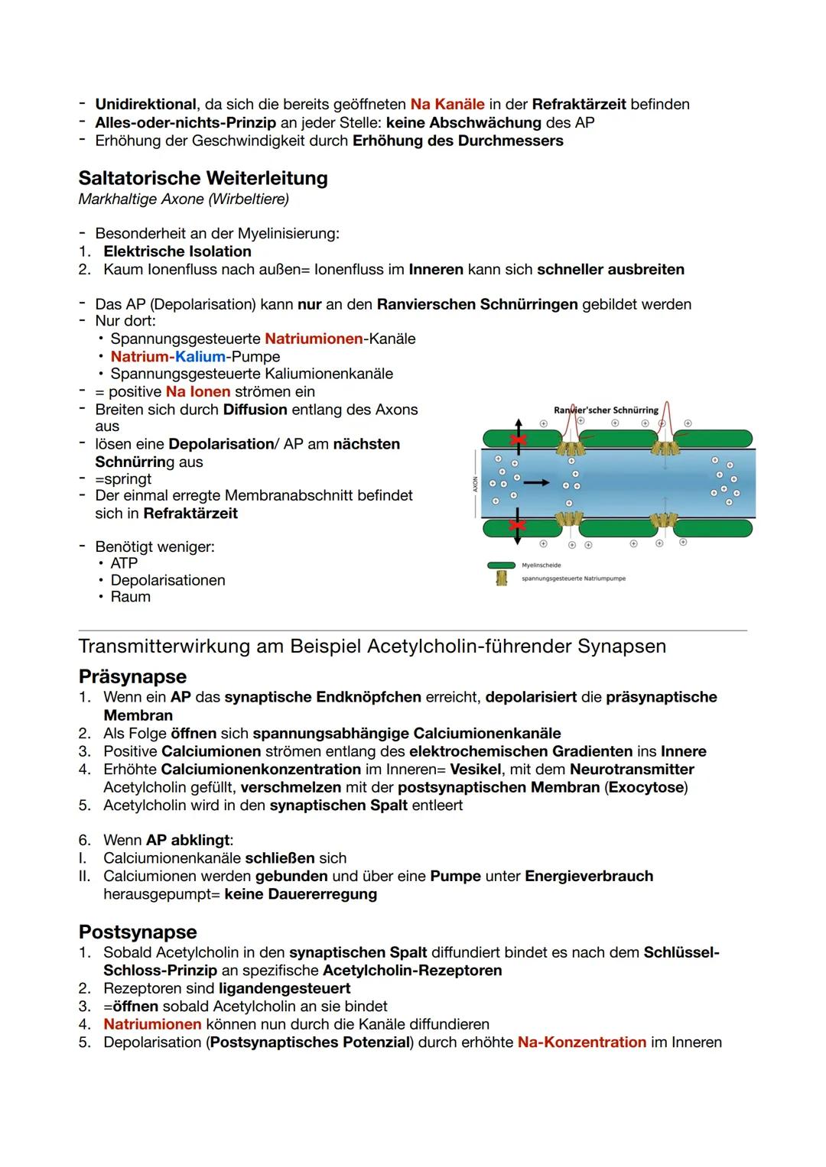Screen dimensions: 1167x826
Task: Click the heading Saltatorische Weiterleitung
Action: point(203,178)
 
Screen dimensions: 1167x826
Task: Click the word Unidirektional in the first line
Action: point(145,104)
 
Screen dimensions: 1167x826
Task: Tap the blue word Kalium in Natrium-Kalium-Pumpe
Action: point(200,357)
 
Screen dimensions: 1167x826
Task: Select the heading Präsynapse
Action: point(132,676)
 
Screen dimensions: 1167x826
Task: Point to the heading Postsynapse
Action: point(138,932)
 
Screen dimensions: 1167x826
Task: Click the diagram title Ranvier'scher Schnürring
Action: point(606,410)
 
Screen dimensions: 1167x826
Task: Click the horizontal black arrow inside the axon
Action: point(536,482)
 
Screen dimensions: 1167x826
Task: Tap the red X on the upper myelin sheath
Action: point(519,441)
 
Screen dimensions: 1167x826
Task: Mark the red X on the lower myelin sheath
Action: point(519,526)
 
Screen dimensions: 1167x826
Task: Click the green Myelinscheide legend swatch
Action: point(501,566)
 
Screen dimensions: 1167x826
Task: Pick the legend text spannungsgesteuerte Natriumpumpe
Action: point(573,579)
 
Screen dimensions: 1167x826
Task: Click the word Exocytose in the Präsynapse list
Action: point(647,787)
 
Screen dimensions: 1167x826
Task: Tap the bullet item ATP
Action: point(124,563)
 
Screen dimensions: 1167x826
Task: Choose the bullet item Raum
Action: point(130,597)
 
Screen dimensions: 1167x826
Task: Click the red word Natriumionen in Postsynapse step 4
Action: point(152,1024)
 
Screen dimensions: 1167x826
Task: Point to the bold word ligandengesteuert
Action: point(285,988)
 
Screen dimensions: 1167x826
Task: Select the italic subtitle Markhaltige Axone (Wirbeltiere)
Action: point(184,199)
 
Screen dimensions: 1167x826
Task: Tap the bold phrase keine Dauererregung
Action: point(301,894)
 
